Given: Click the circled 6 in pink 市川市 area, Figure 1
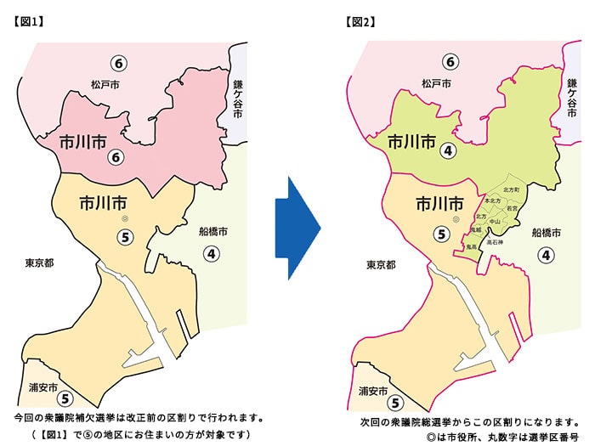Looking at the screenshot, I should pyautogui.click(x=115, y=156).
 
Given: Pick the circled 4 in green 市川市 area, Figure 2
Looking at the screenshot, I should pyautogui.click(x=446, y=150).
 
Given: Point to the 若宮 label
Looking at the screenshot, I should pyautogui.click(x=512, y=207).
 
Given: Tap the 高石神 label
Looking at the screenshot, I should pyautogui.click(x=495, y=242).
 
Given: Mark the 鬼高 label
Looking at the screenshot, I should pyautogui.click(x=472, y=246).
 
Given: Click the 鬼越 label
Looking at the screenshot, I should pyautogui.click(x=476, y=230).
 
